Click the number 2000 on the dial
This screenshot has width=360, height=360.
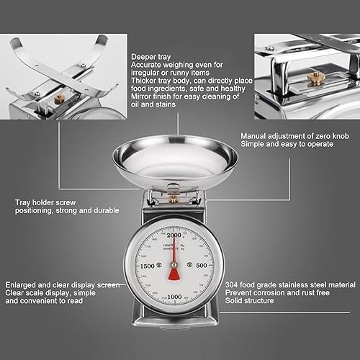(174, 235)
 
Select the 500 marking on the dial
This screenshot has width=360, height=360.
(202, 266)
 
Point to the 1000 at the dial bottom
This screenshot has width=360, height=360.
(174, 297)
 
